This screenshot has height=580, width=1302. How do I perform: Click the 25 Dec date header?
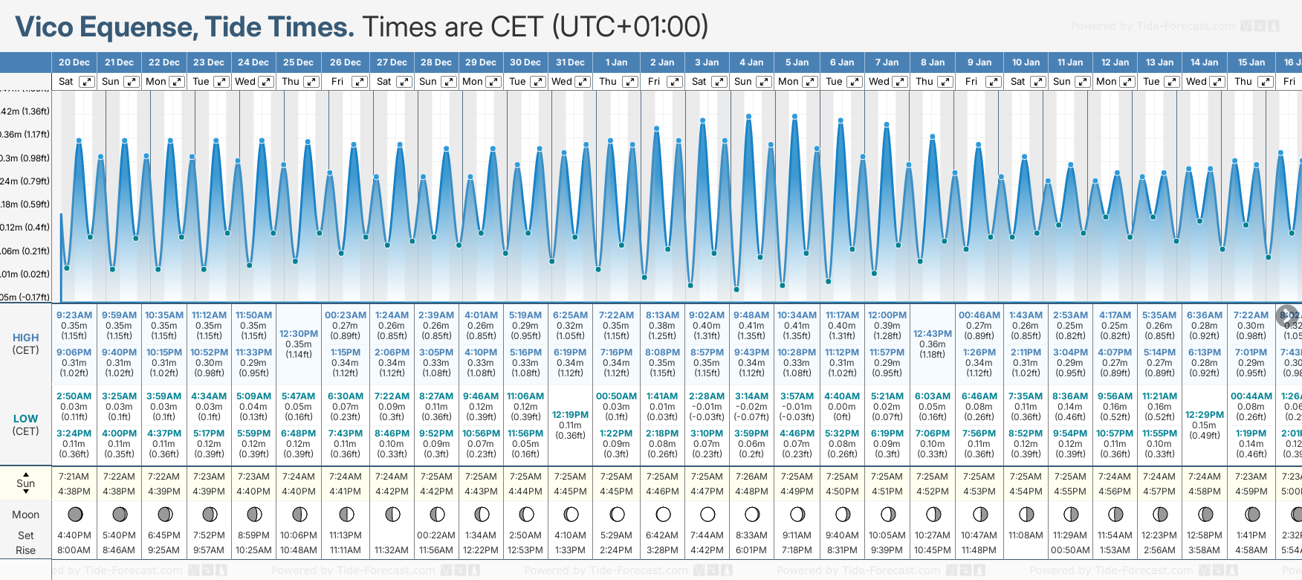298,62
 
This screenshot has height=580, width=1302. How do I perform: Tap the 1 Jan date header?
616,62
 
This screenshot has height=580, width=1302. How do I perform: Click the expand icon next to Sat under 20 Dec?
87,82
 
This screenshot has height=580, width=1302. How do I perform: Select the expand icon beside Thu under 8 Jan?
945,82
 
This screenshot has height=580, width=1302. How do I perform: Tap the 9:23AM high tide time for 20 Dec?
74,315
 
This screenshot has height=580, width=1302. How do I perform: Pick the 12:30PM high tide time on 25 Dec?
299,334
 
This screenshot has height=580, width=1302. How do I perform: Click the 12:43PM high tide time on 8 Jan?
933,334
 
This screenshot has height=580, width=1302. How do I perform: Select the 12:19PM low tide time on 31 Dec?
571,415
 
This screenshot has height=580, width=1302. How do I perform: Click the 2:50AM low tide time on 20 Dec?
74,396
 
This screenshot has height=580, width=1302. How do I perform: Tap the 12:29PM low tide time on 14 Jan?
1204,415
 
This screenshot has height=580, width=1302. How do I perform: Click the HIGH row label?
25,338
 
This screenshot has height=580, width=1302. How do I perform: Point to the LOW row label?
25,419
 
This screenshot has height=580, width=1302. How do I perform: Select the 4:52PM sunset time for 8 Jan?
933,492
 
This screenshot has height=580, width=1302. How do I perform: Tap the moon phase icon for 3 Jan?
707,514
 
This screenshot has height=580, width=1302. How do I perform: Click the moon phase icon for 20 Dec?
75,514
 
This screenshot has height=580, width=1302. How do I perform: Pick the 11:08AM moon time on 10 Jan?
1026,535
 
